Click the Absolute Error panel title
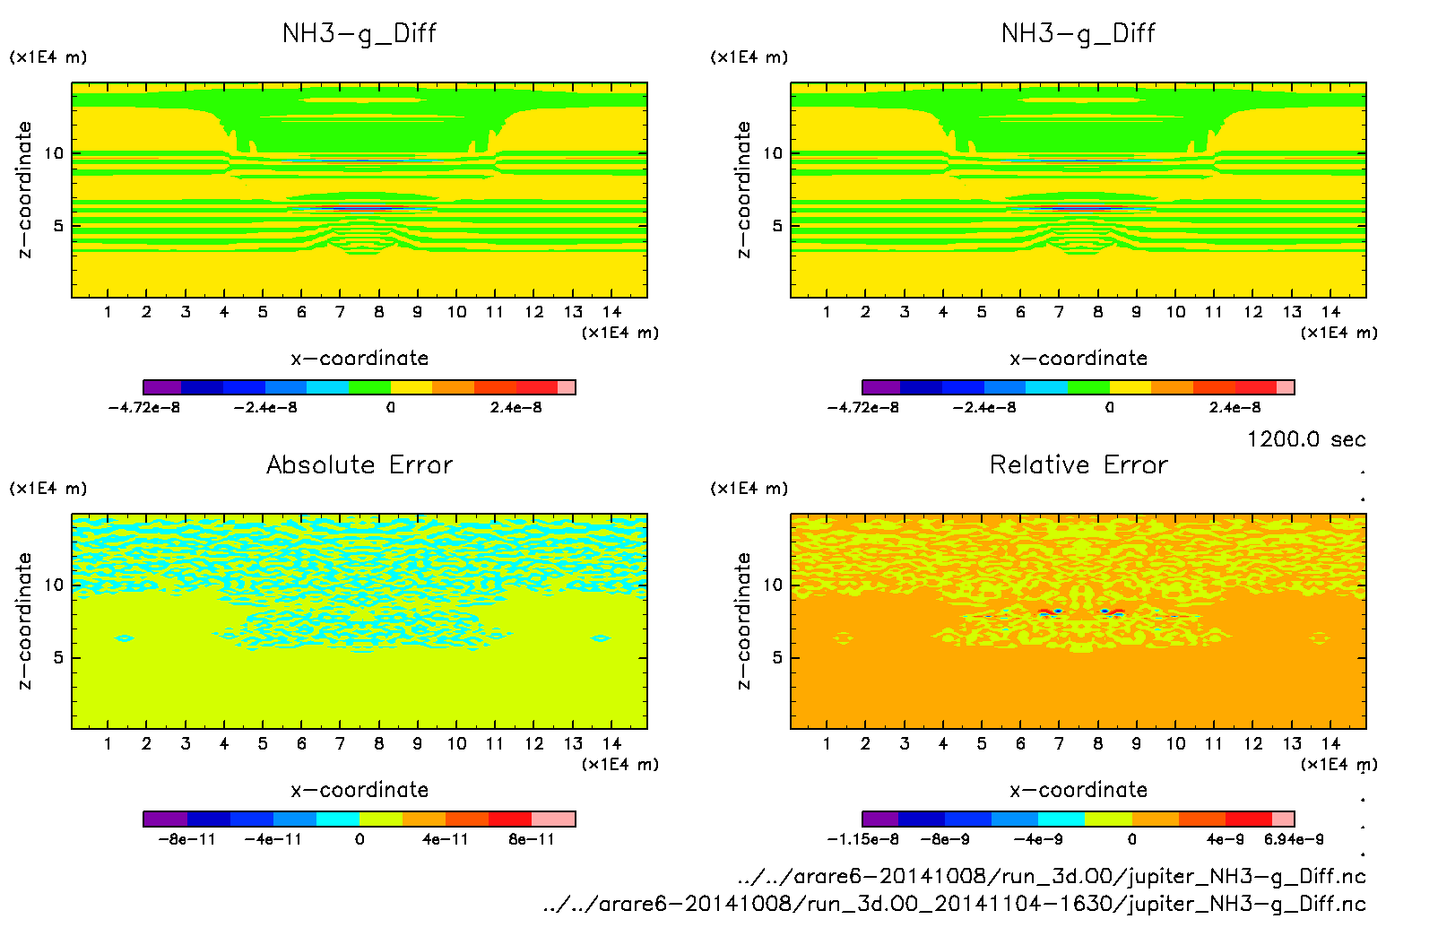(x=359, y=464)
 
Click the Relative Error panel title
(x=1078, y=464)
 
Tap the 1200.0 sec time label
(x=1306, y=439)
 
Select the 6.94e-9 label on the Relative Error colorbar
(x=1294, y=839)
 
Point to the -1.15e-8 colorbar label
(x=862, y=839)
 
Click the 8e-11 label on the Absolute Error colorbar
(x=532, y=839)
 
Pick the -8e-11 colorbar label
(x=186, y=839)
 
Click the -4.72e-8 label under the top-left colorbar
(x=143, y=407)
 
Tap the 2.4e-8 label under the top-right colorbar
(x=1234, y=407)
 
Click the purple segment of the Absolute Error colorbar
(x=165, y=819)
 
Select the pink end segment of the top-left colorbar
(x=567, y=387)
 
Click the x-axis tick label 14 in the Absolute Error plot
(x=611, y=743)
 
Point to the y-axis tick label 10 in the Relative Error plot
(x=773, y=585)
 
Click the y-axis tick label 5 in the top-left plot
(x=59, y=225)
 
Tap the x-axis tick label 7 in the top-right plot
(x=1059, y=312)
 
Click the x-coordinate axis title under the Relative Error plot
(x=1078, y=790)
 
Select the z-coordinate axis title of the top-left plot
(x=24, y=189)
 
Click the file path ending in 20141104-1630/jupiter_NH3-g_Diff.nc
(x=954, y=904)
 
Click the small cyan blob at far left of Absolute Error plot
(x=125, y=638)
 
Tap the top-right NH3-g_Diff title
(x=1078, y=33)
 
